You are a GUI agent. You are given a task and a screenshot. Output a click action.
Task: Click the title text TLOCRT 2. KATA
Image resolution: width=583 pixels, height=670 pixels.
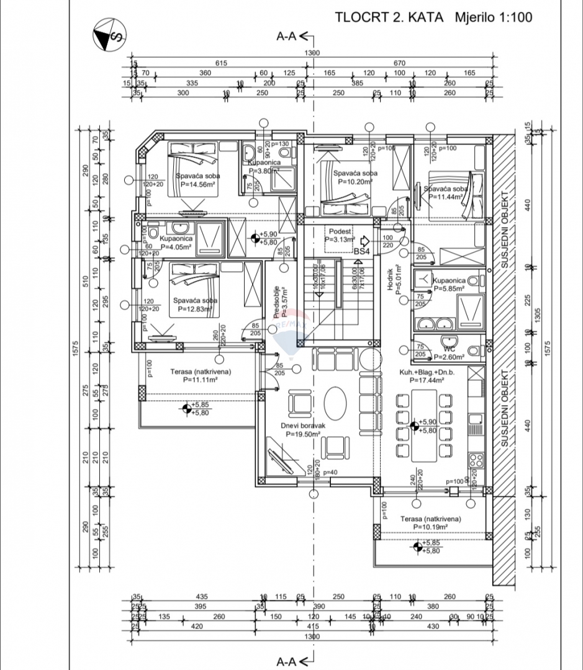point(389,17)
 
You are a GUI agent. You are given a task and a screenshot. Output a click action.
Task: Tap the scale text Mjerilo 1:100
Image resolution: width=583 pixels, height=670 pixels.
point(492,17)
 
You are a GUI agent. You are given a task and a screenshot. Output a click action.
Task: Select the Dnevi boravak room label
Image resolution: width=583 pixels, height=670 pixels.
point(303,426)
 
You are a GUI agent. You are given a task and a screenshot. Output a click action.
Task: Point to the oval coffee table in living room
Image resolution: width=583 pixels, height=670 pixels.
point(336,403)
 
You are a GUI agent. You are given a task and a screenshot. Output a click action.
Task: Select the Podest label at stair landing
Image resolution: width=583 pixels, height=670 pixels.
point(340,230)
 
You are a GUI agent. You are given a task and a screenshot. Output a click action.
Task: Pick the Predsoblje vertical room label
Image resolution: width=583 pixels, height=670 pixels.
point(277,302)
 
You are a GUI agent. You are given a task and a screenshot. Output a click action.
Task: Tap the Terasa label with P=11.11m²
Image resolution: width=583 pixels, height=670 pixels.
point(201,372)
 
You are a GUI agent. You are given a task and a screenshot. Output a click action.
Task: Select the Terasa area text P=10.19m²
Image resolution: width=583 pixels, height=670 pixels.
point(428,527)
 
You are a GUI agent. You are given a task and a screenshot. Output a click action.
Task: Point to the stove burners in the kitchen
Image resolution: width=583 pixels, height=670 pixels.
point(476,461)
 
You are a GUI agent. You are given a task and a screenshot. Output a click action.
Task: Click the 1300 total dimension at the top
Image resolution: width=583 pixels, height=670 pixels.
point(312,53)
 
